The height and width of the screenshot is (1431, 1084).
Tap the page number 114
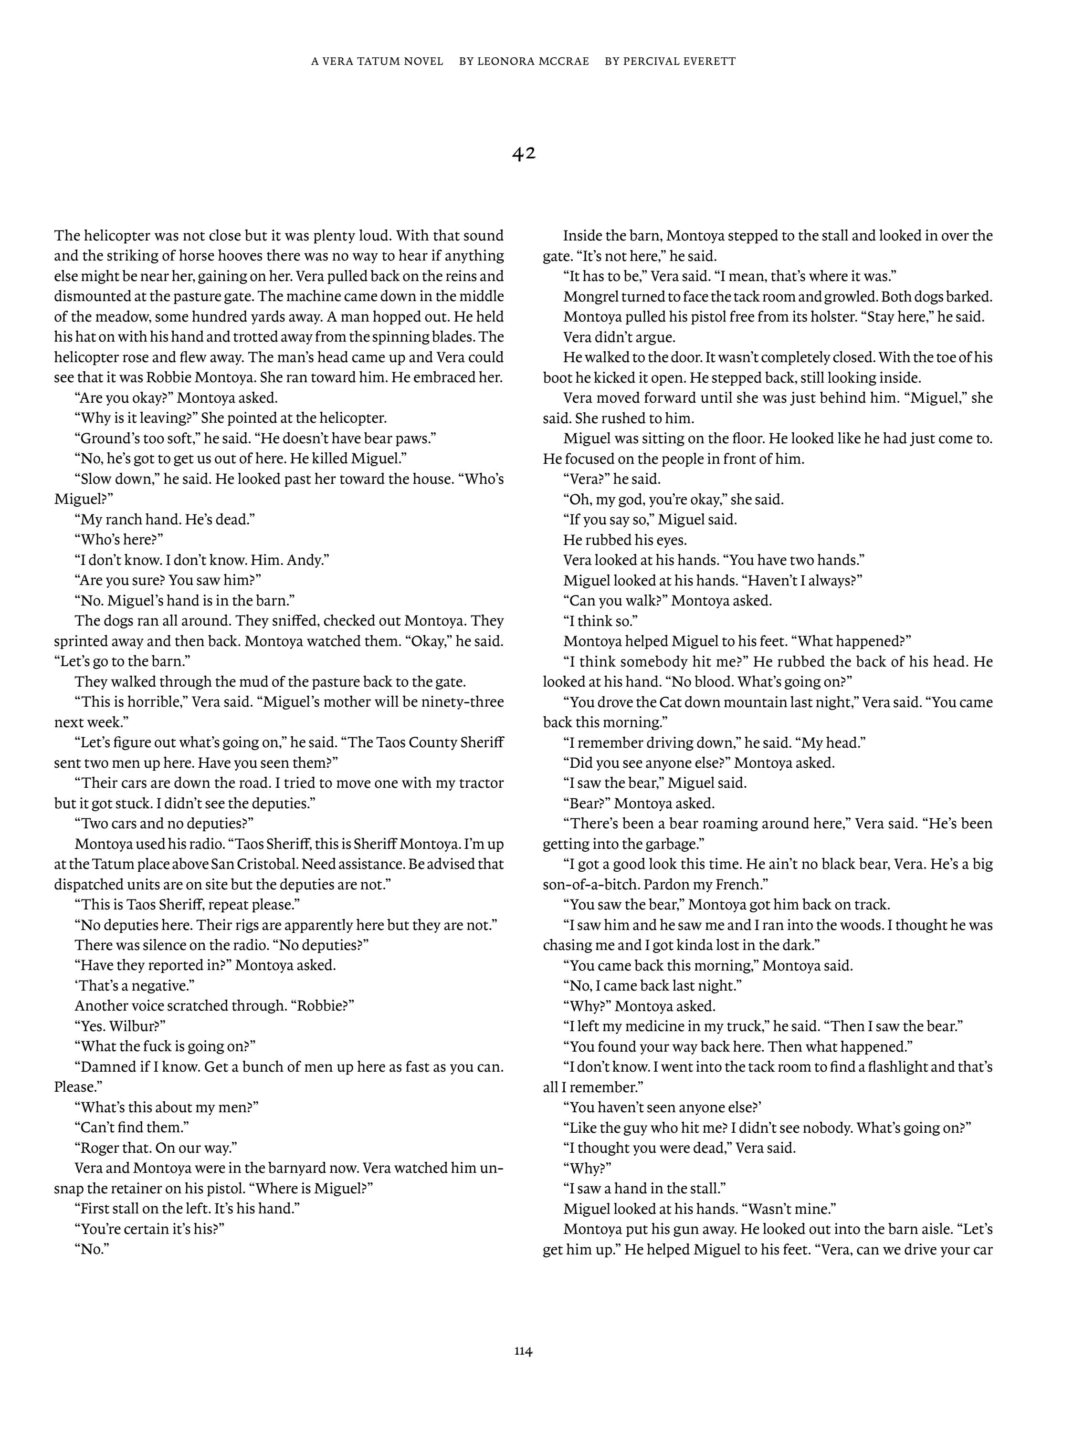pyautogui.click(x=524, y=1350)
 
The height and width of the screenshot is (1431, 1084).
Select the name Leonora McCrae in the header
pyautogui.click(x=533, y=62)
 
